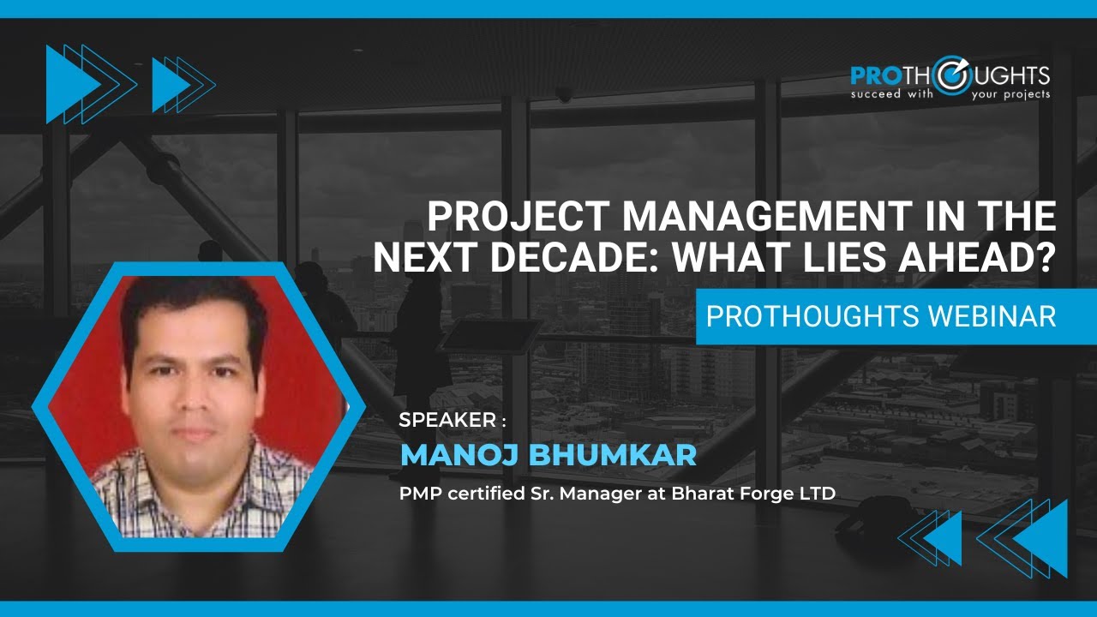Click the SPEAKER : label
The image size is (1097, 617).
453,420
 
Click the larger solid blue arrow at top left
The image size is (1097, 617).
69,84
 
